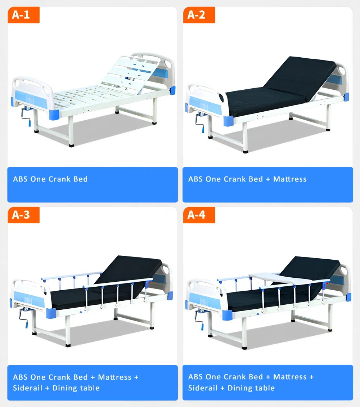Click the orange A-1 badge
click(23, 15)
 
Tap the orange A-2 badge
click(199, 15)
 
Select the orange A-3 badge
click(23, 215)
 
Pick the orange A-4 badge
click(199, 215)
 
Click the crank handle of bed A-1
click(26, 117)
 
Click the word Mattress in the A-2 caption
click(290, 179)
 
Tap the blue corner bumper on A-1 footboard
click(54, 115)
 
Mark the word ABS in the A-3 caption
click(20, 377)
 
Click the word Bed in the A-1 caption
click(81, 179)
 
